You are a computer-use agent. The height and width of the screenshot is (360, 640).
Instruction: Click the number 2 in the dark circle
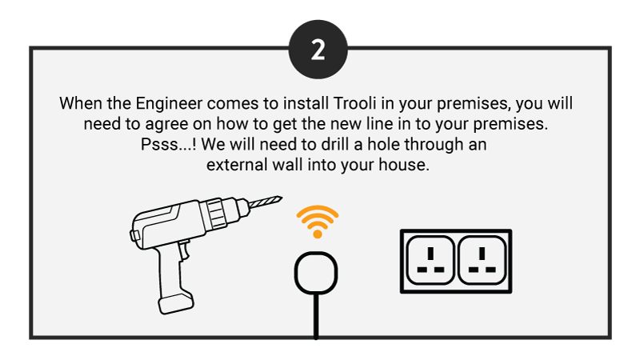(318, 50)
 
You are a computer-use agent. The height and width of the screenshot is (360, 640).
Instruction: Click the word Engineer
(169, 103)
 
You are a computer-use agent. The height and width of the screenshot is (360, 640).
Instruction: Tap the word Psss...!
(168, 145)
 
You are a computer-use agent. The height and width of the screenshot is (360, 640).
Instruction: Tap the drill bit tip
(282, 198)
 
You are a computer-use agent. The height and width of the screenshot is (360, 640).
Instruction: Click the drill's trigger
(185, 250)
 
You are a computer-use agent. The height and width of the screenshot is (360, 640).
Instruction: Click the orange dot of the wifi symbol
(318, 234)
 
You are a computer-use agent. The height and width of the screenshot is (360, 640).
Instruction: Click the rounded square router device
(316, 272)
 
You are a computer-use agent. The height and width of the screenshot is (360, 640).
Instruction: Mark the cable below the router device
(316, 316)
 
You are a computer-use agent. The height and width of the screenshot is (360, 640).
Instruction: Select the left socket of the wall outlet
(430, 260)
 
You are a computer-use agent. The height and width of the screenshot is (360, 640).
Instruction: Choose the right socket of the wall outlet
(482, 260)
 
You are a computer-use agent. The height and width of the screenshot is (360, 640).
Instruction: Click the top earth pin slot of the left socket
(430, 254)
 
